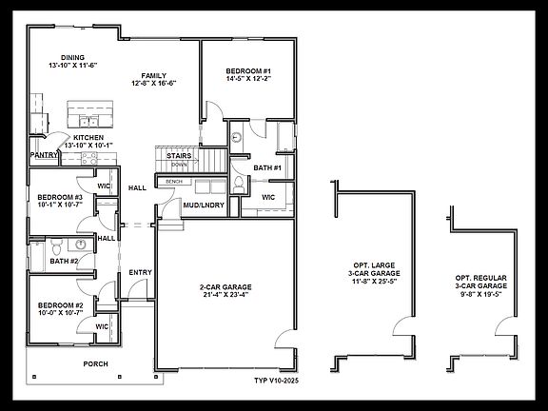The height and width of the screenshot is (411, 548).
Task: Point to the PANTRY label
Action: tap(43, 154)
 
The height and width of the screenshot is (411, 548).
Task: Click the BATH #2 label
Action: tap(64, 261)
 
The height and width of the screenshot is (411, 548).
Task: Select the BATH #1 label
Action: tap(267, 168)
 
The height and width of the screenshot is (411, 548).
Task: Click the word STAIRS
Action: tap(181, 155)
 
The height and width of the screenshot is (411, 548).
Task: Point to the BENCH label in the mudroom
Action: tap(174, 181)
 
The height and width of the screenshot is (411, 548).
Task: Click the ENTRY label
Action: tap(140, 273)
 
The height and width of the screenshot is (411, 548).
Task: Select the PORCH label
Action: tap(95, 363)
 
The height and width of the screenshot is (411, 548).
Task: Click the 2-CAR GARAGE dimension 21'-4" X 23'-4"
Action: tap(225, 295)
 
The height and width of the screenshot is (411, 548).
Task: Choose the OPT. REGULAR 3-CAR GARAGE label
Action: tap(480, 282)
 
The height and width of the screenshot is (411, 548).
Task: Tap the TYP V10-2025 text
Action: tap(276, 380)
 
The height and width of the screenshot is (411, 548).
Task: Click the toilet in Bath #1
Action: tap(237, 184)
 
